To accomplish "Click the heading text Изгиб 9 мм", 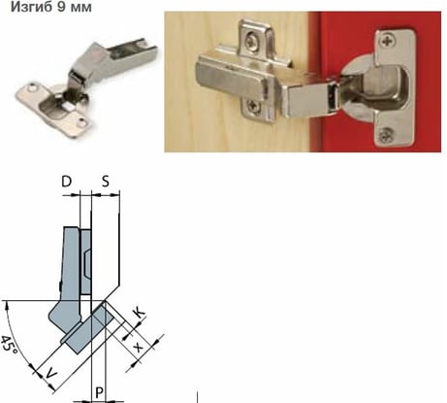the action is [51, 7].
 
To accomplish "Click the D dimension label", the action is [67, 182].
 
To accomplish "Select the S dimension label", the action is [106, 182].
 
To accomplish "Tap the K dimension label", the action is [140, 313].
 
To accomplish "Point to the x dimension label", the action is [139, 348].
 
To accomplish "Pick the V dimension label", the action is [50, 374].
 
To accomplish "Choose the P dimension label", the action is [99, 393].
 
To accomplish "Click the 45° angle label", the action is [9, 345].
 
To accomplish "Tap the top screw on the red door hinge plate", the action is [388, 41].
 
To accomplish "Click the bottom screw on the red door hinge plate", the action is [386, 134].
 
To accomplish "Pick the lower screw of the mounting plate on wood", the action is [254, 107].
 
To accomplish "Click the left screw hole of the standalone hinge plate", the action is [32, 87].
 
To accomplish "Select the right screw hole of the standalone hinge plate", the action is [82, 122].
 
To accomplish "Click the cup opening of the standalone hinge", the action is [54, 109].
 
